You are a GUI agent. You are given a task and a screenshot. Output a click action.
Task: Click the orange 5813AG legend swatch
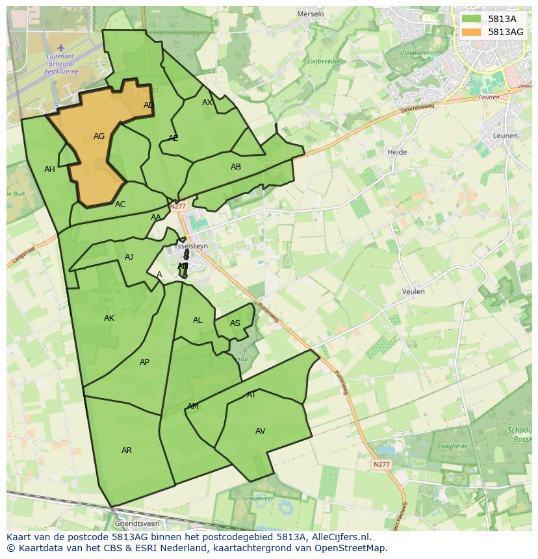click(472, 32)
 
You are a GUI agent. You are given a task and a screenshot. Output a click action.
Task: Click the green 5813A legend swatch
click(472, 19)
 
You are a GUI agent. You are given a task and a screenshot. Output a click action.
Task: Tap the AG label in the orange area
click(99, 136)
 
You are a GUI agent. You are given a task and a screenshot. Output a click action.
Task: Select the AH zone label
click(49, 169)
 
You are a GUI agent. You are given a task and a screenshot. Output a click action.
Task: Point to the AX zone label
click(207, 103)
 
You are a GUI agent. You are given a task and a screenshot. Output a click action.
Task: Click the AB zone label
click(236, 167)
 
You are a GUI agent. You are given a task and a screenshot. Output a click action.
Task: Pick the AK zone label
click(109, 318)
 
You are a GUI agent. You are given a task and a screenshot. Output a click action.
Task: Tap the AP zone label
click(144, 362)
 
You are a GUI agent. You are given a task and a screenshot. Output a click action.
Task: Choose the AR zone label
click(127, 451)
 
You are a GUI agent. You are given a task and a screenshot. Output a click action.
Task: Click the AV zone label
click(260, 431)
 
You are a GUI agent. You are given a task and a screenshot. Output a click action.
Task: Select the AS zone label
click(235, 323)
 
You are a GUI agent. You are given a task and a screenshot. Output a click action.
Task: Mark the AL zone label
click(198, 320)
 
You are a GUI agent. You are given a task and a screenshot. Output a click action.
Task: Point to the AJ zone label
click(129, 257)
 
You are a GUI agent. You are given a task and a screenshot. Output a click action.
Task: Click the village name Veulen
click(413, 292)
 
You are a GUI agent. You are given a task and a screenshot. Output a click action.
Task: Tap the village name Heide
click(397, 152)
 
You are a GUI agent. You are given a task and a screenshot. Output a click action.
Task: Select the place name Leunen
click(506, 136)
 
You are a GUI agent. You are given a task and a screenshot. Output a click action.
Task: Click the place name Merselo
click(310, 14)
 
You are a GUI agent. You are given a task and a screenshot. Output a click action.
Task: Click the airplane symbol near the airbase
click(61, 47)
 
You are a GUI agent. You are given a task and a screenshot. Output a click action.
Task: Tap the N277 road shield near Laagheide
click(381, 464)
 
